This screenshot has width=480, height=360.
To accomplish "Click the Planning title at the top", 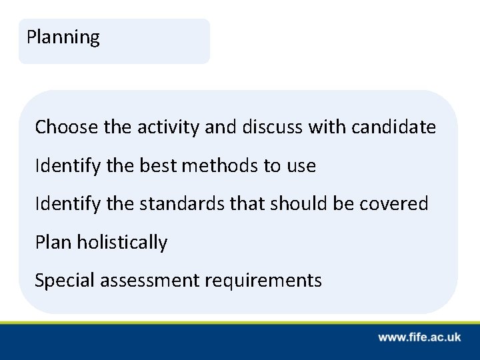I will [x=63, y=37].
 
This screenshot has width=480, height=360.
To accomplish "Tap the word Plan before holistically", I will [x=54, y=242].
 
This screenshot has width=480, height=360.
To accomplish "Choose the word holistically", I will [x=122, y=242].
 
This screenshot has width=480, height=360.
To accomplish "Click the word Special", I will [x=65, y=281].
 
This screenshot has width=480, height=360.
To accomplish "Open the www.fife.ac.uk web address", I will [x=419, y=338].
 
